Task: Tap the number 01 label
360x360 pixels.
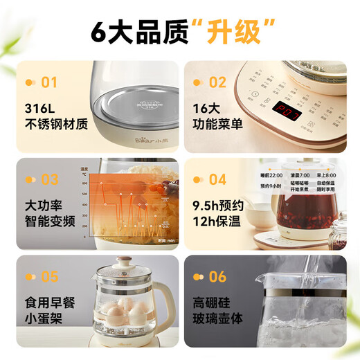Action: [x=49, y=83]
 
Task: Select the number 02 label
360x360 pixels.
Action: [x=218, y=83]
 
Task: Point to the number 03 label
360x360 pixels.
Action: [x=49, y=180]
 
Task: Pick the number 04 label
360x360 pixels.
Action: [x=218, y=180]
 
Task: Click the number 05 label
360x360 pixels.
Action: [x=49, y=277]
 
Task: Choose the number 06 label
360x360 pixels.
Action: [x=218, y=277]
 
